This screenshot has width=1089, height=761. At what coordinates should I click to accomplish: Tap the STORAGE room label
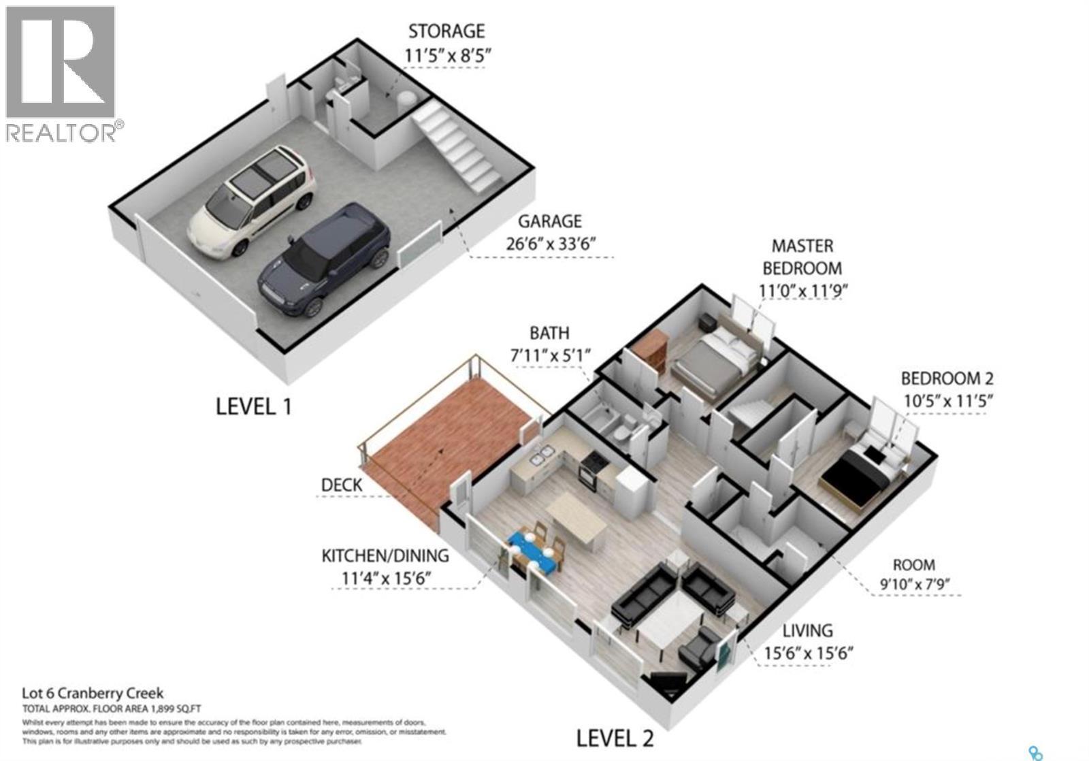446,31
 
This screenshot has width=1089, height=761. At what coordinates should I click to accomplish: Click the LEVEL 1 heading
253,407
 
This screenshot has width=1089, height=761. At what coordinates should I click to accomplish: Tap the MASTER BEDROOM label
802,257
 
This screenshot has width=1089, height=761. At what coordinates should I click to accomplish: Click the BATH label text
549,333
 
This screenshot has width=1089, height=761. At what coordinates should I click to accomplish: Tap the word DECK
342,485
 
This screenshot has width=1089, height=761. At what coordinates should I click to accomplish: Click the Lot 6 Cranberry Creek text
93,694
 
